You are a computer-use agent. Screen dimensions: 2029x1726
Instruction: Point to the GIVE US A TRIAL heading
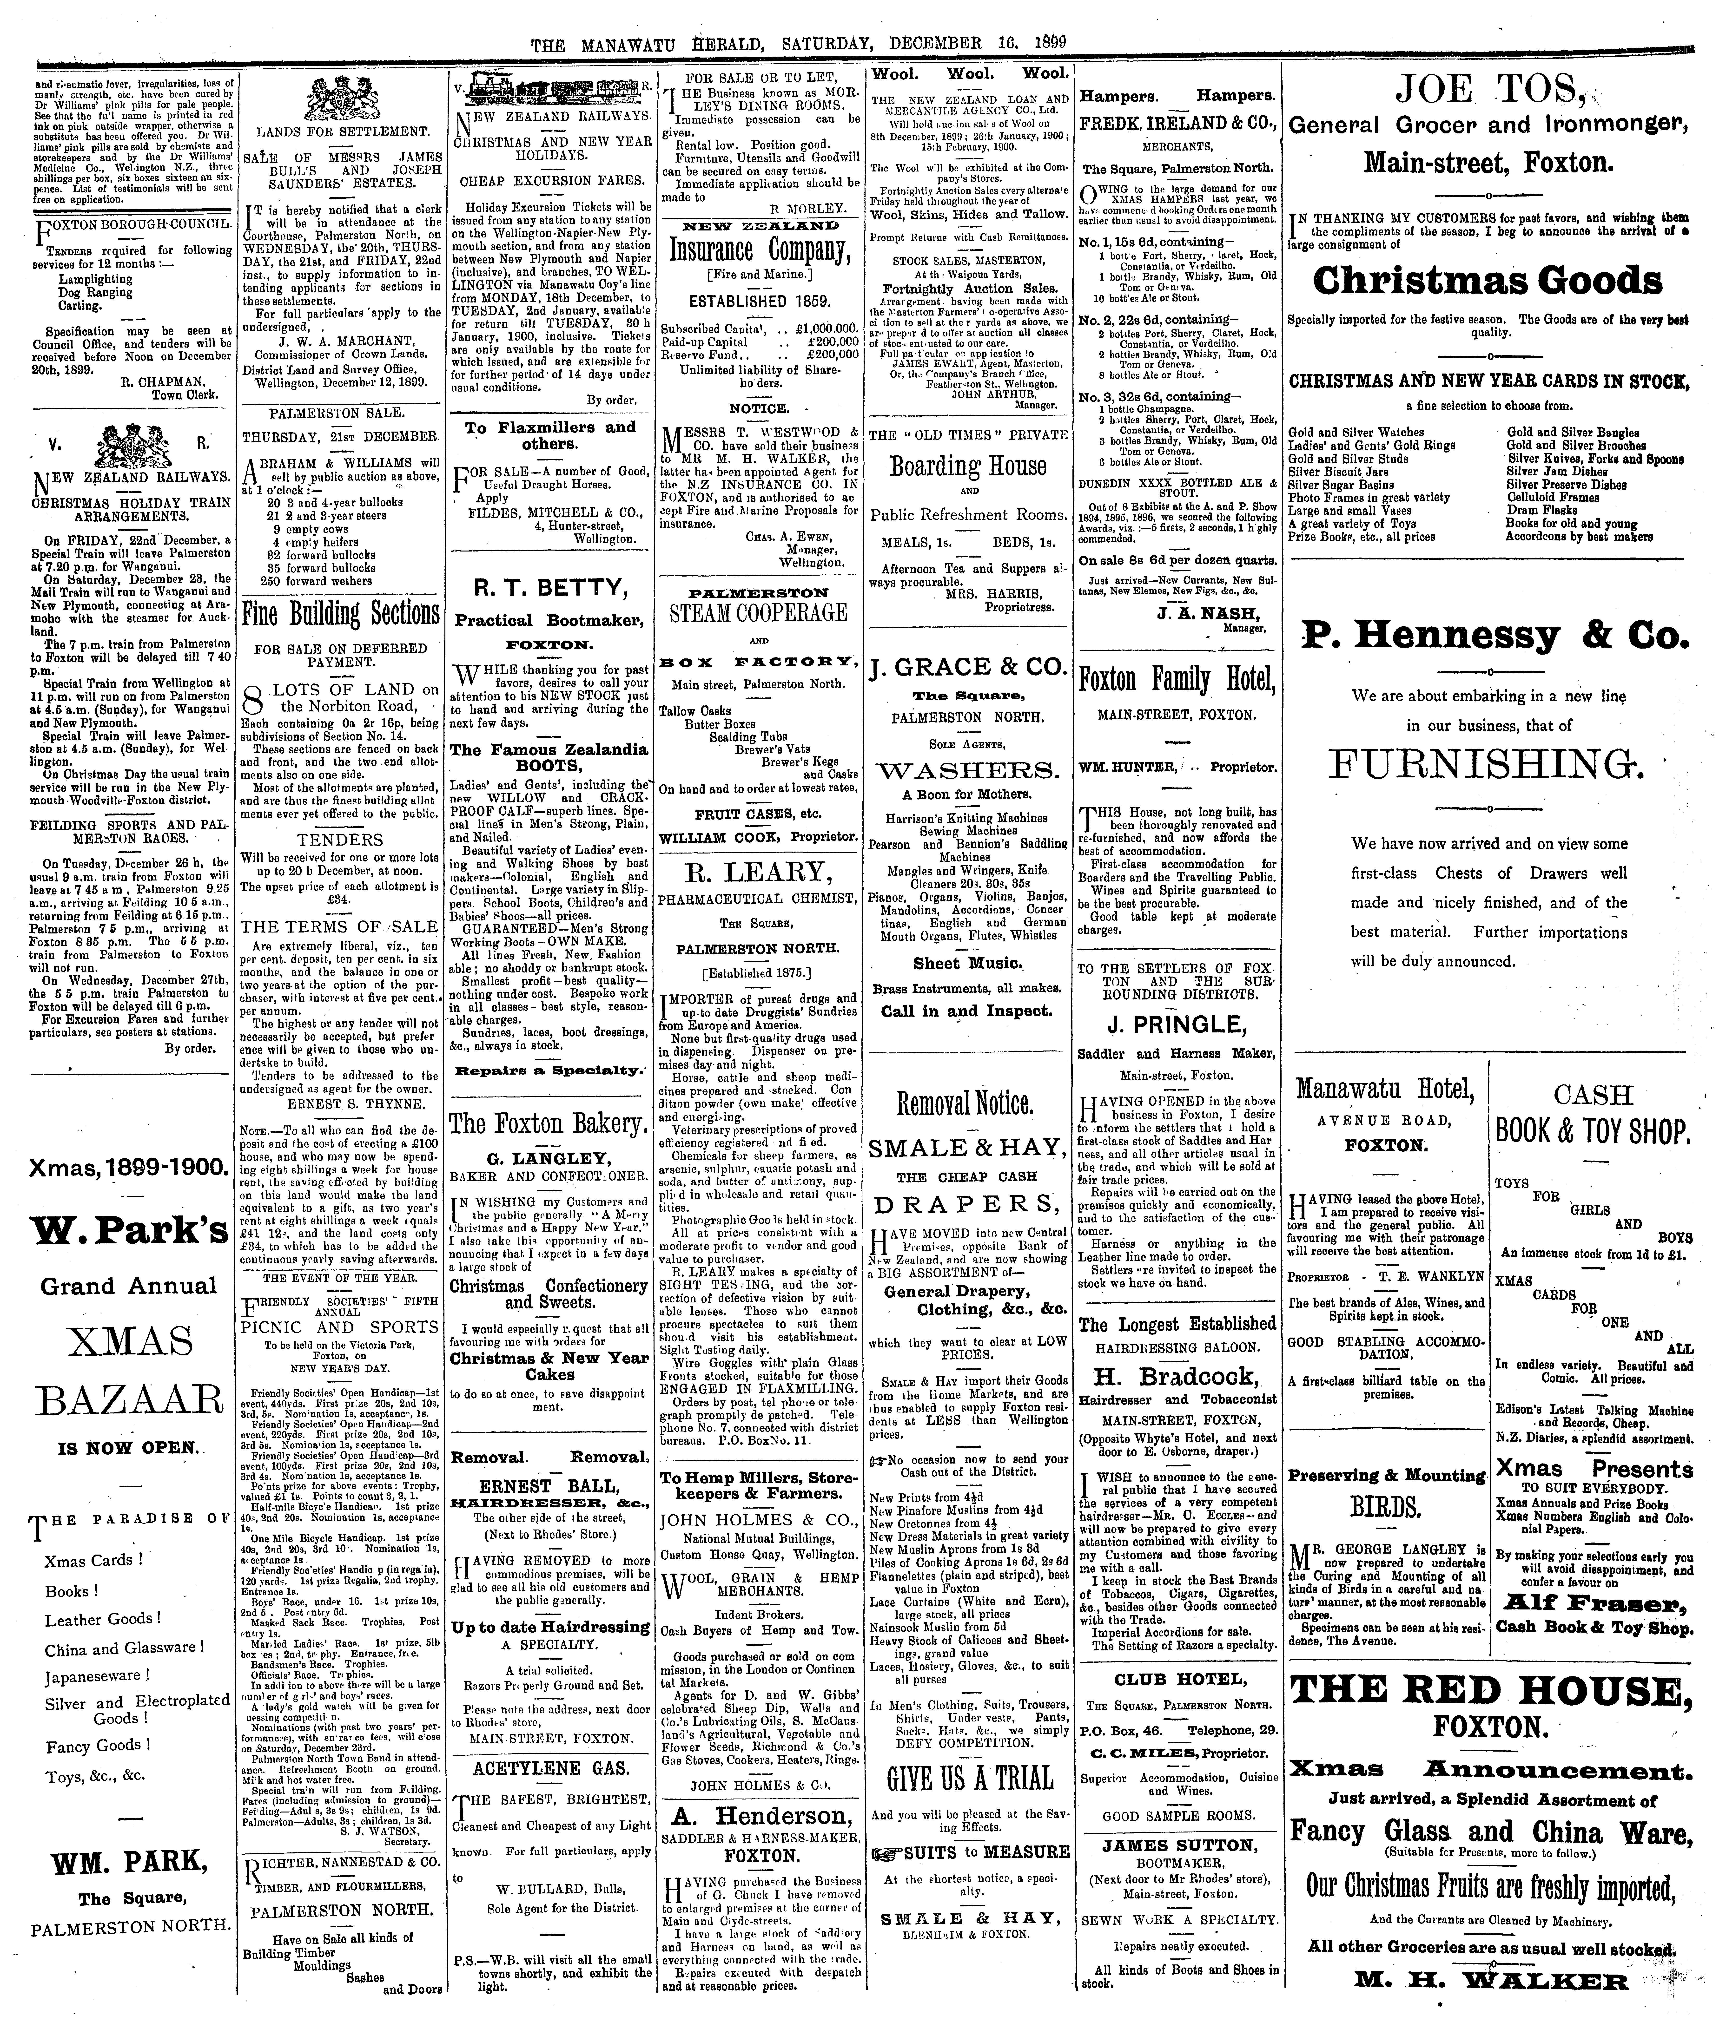(x=970, y=1777)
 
